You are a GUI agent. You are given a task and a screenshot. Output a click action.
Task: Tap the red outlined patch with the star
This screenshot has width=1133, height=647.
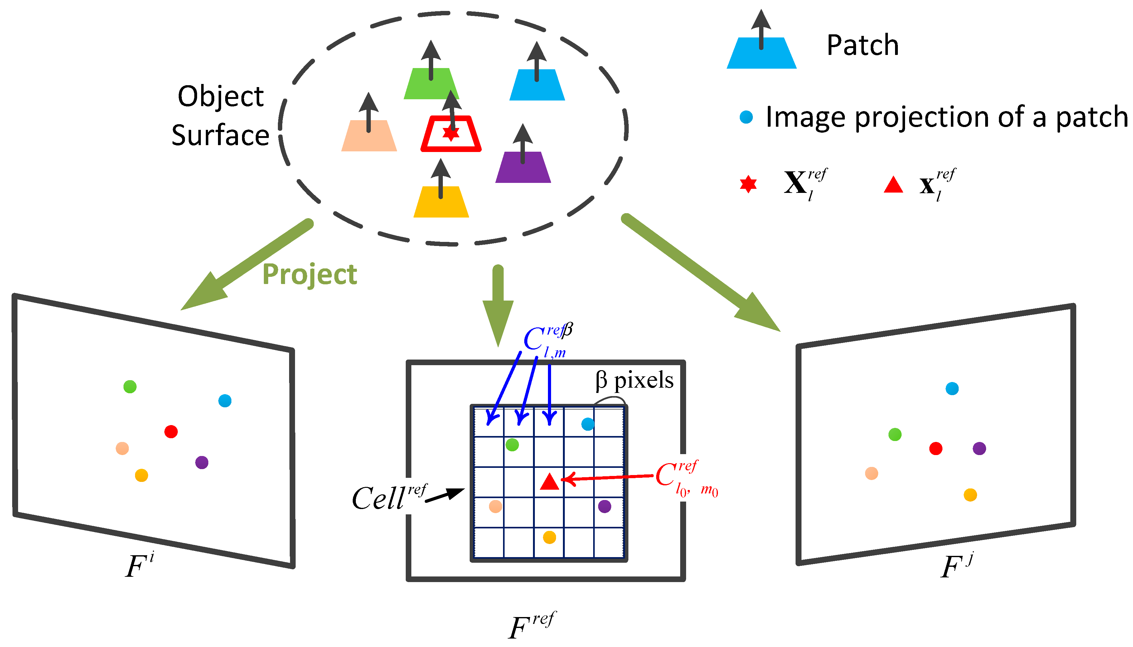coord(451,134)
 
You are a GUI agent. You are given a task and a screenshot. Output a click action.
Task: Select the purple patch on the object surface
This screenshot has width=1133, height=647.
coord(523,168)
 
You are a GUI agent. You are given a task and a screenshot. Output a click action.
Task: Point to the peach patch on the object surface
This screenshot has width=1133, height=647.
coord(369,136)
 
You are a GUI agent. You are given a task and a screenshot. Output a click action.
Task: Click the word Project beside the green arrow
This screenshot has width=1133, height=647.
coord(309,274)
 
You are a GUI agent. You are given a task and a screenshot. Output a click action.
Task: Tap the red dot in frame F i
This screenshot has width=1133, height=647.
coord(171,431)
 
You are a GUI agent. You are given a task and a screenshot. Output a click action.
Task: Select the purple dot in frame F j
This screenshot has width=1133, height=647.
coord(979,448)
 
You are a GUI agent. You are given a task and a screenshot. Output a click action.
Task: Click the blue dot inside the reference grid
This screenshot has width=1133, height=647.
coord(588,424)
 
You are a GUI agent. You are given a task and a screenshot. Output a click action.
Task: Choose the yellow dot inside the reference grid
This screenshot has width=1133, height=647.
coord(549,537)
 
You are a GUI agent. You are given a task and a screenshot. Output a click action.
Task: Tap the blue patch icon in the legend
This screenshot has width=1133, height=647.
coord(761,53)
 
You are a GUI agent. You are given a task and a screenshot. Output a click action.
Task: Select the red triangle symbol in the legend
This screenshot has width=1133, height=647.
coord(893,185)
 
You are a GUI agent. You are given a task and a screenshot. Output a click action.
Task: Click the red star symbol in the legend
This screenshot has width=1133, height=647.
coord(748,184)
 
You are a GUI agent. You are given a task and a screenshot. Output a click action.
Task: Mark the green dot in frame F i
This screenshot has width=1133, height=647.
coord(130,387)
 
